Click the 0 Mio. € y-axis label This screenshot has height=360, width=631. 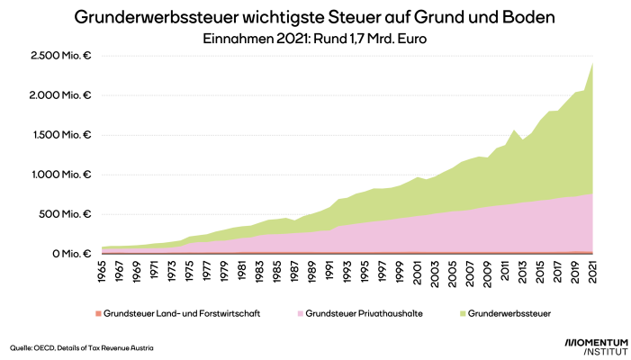click(74, 254)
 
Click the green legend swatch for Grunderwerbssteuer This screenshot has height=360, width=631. click(463, 314)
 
